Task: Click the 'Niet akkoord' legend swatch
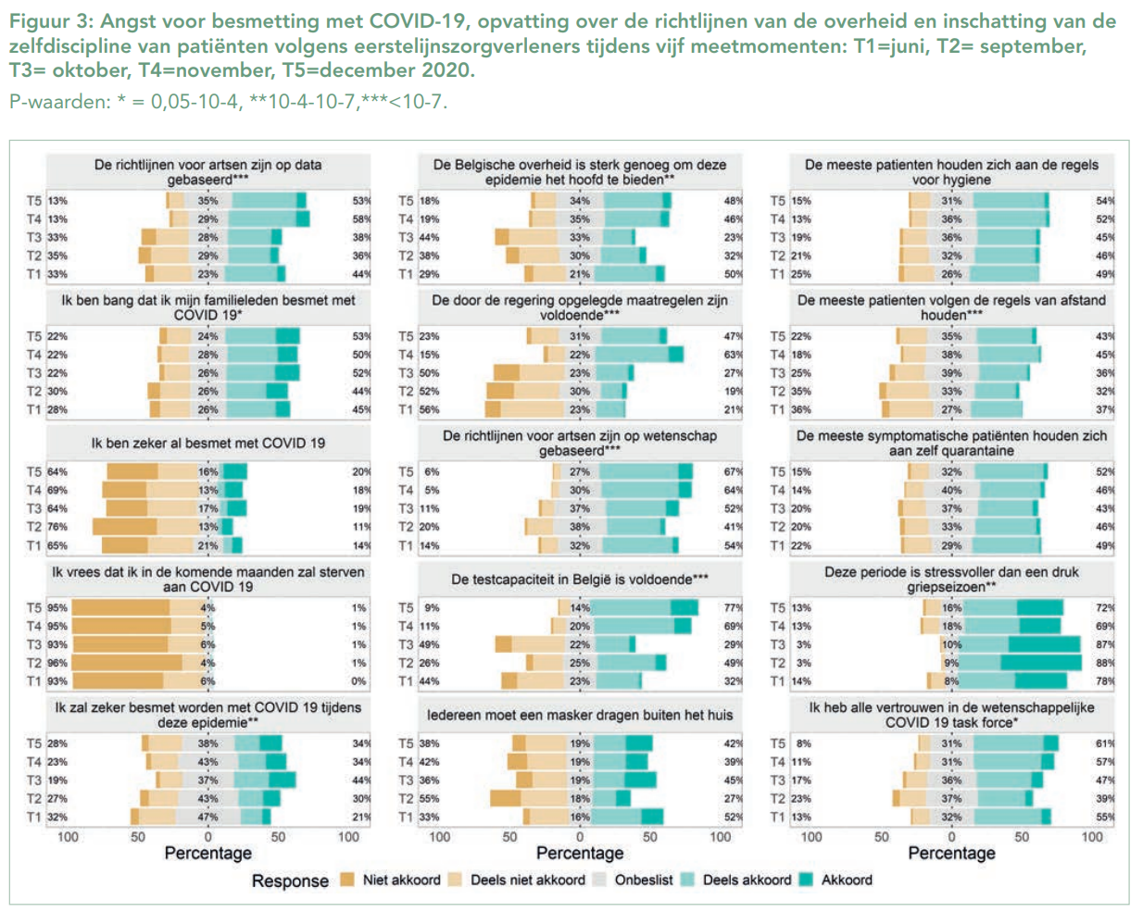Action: point(347,880)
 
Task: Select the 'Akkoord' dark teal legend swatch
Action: point(805,880)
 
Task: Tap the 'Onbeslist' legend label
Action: point(644,880)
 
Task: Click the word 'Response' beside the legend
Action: point(290,881)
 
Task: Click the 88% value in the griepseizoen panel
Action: point(1105,663)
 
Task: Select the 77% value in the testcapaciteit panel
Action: point(733,608)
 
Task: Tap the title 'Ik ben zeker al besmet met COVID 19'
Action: point(207,444)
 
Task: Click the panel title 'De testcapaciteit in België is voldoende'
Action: point(580,580)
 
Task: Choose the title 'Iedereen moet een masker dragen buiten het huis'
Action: point(580,715)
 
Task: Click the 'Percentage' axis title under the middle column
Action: point(580,853)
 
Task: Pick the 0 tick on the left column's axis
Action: point(207,837)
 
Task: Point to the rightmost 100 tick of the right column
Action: point(1092,837)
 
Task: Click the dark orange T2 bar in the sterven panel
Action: point(127,663)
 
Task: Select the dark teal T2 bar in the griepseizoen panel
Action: point(1041,663)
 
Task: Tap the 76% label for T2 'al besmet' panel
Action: point(57,527)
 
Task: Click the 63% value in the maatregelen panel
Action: point(733,355)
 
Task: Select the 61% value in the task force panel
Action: point(1105,743)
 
